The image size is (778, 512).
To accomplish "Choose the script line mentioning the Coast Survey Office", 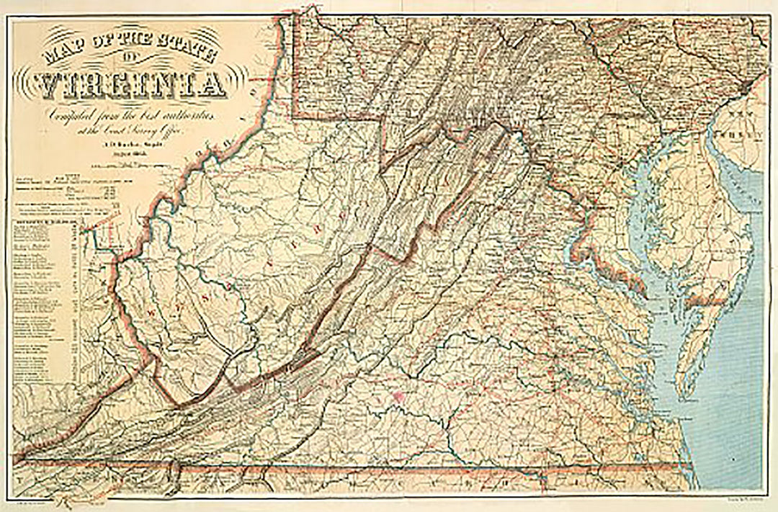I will pos(133,129).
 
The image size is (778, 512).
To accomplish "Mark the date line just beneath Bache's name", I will pos(131,153).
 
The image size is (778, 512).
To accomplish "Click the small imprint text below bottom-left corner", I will pos(36,496).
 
